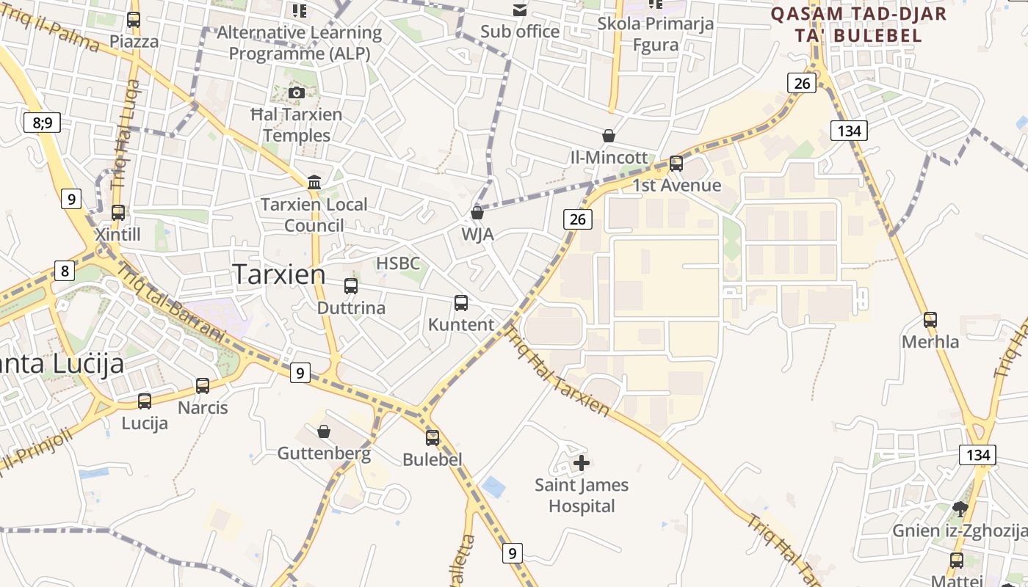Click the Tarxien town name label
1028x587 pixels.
[280, 274]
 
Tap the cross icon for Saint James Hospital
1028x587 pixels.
[582, 463]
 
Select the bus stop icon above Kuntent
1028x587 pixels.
[461, 302]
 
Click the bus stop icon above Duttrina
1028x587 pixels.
[351, 285]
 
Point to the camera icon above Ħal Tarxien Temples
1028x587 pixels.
[297, 92]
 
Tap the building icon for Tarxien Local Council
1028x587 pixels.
[314, 181]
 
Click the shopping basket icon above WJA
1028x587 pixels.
[477, 213]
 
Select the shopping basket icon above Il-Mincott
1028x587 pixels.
[608, 136]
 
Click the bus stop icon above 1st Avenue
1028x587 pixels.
[676, 163]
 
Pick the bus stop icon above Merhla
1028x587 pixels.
[930, 319]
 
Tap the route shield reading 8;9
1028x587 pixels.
[43, 122]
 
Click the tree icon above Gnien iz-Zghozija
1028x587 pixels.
[960, 508]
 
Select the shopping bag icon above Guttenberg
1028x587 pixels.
[324, 431]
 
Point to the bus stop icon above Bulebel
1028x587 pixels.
[432, 437]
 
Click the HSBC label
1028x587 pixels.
[398, 263]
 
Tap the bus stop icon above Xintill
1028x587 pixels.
[118, 212]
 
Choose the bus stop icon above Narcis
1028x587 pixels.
[203, 385]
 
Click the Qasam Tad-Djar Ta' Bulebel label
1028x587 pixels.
[858, 23]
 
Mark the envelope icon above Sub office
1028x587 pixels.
[520, 10]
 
